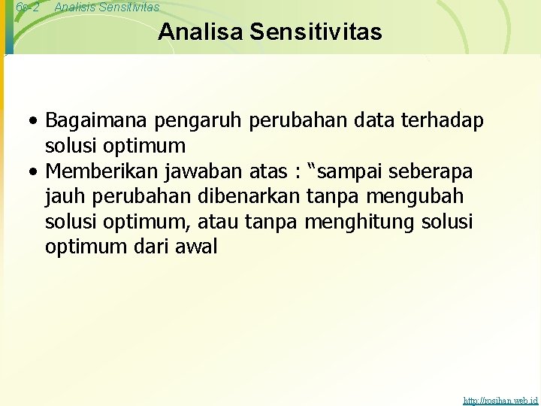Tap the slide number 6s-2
[27, 7]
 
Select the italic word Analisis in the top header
[76, 7]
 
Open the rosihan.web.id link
[500, 401]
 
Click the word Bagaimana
[97, 120]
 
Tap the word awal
[198, 247]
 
